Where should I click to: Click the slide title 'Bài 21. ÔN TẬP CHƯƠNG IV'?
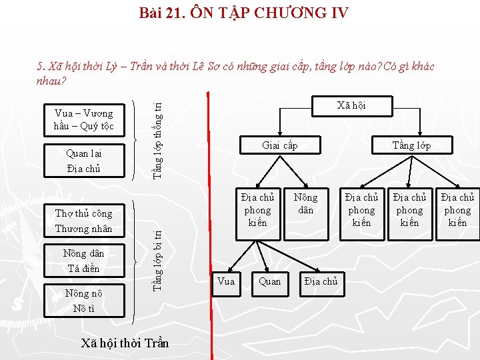(243, 12)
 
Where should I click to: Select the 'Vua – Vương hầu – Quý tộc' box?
(83, 119)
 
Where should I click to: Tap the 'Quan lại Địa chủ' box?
(83, 161)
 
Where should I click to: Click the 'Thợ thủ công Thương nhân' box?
(83, 221)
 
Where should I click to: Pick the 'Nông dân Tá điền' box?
(83, 261)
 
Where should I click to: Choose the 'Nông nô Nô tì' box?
(83, 301)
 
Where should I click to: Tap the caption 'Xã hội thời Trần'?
(124, 343)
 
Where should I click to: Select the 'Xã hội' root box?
(351, 105)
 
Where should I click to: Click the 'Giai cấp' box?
(280, 145)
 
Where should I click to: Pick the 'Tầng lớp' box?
(411, 145)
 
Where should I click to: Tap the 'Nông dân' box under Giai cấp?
(305, 203)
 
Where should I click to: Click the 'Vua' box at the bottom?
(226, 281)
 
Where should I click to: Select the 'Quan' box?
(270, 281)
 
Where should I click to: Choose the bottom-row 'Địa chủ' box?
(321, 281)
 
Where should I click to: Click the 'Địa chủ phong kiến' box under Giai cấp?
(257, 210)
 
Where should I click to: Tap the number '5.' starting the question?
(41, 67)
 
